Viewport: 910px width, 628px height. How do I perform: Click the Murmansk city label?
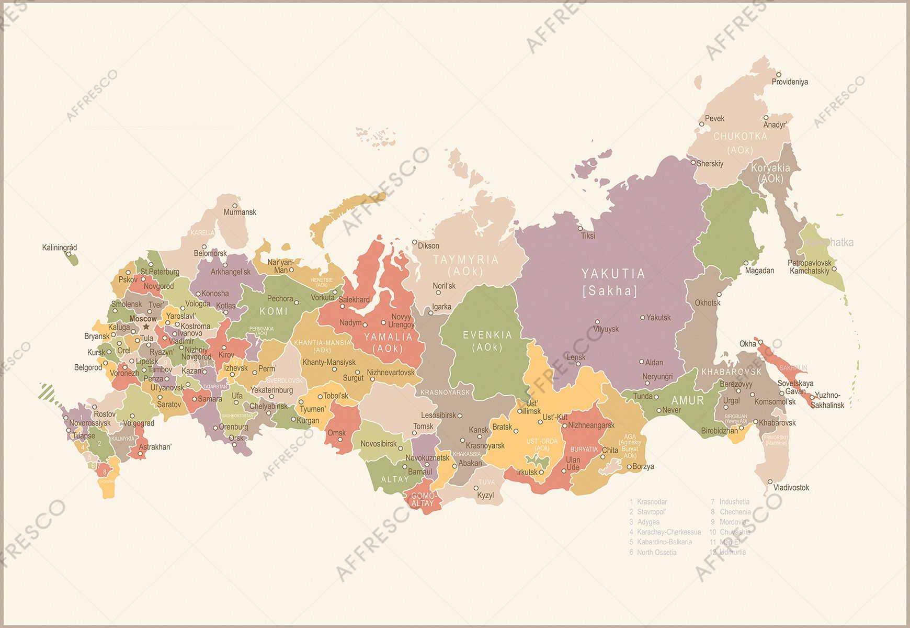(240, 212)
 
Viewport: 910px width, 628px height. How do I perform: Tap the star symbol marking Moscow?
(146, 327)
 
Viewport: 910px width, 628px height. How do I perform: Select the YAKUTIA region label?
(613, 274)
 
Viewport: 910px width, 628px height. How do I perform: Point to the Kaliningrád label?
(60, 248)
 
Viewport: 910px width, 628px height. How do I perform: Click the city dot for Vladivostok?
(770, 481)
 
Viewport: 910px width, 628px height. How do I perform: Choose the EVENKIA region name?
(487, 335)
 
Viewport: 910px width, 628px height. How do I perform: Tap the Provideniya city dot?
(778, 74)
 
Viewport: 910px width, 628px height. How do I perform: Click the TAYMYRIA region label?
(465, 260)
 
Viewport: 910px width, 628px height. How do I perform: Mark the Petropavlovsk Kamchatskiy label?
(810, 267)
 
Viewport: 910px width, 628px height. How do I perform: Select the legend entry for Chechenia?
(735, 512)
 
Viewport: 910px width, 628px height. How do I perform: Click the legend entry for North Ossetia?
(656, 552)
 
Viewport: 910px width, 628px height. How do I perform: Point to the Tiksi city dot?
(580, 229)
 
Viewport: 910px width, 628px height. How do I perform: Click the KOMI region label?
(274, 311)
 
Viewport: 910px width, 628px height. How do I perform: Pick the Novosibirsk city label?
(379, 444)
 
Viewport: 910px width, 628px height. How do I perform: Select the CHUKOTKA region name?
(740, 137)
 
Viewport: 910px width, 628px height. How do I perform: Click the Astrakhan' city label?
(155, 447)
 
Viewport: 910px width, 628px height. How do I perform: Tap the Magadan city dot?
(746, 263)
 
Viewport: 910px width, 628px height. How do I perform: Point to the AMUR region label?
(688, 400)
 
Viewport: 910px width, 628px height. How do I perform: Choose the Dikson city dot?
(415, 242)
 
